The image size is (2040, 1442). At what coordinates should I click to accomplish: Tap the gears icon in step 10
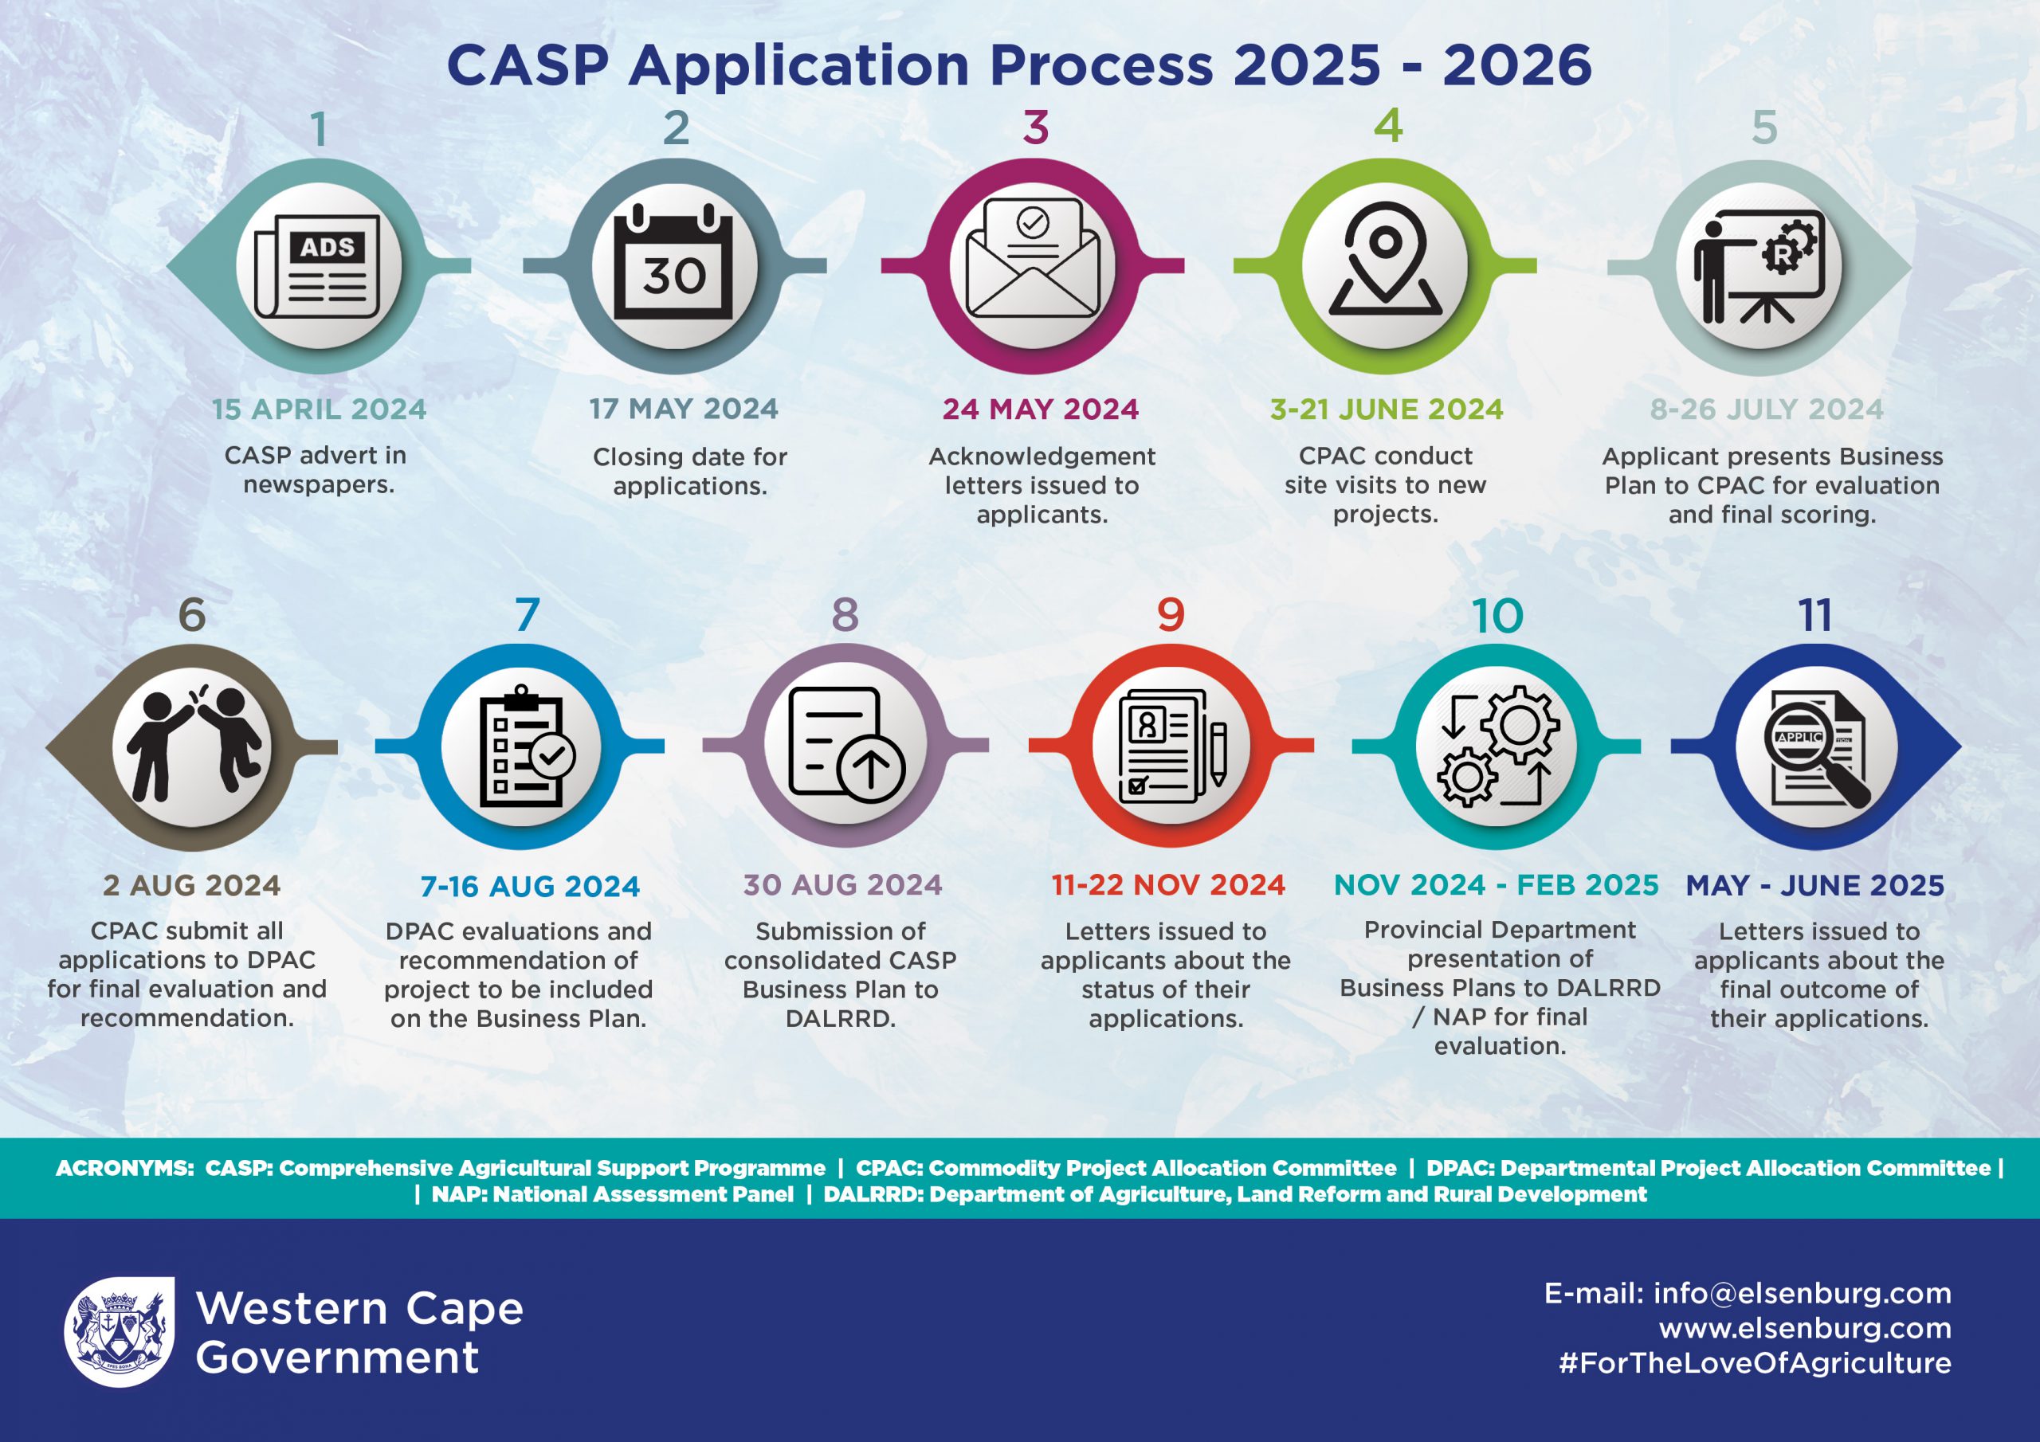pyautogui.click(x=1498, y=746)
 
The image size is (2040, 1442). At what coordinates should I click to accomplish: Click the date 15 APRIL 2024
pyautogui.click(x=319, y=409)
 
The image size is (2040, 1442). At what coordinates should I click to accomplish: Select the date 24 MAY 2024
pyautogui.click(x=1041, y=409)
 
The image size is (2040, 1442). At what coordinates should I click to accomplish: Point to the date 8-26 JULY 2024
pyautogui.click(x=1767, y=409)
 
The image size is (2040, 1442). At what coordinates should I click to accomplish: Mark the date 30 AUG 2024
pyautogui.click(x=842, y=885)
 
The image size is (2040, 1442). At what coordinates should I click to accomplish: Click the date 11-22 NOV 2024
pyautogui.click(x=1168, y=885)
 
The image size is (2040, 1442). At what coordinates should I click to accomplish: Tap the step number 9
pyautogui.click(x=1170, y=615)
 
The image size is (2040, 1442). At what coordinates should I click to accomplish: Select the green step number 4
pyautogui.click(x=1388, y=126)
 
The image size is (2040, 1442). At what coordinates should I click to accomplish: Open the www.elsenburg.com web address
pyautogui.click(x=1805, y=1328)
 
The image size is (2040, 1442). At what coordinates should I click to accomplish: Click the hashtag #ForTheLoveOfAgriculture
pyautogui.click(x=1755, y=1363)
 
